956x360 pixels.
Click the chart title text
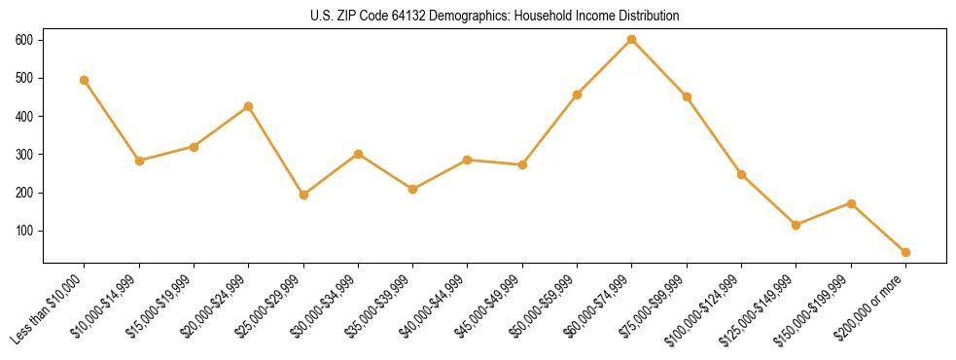point(495,17)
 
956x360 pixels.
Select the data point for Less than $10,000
point(85,81)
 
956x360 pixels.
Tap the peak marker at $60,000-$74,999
point(632,40)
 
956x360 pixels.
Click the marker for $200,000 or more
point(905,252)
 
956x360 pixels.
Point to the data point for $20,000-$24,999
point(249,106)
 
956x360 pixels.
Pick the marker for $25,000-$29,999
point(303,195)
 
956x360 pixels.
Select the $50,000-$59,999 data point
point(578,94)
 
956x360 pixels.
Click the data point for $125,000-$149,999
point(797,225)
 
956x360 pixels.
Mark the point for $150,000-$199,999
point(851,203)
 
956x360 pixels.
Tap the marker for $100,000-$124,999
point(741,174)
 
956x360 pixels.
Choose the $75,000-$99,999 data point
point(687,96)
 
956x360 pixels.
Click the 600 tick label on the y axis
point(24,40)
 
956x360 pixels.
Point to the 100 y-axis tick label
point(24,231)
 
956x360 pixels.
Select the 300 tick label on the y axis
point(24,155)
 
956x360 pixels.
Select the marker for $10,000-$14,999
point(139,161)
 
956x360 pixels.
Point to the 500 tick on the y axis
point(24,78)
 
